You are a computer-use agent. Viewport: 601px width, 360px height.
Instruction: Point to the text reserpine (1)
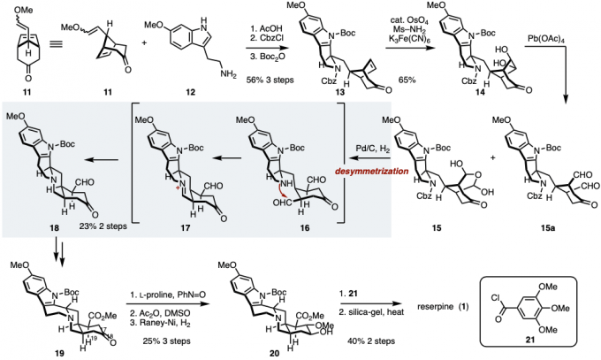click(x=473, y=295)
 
